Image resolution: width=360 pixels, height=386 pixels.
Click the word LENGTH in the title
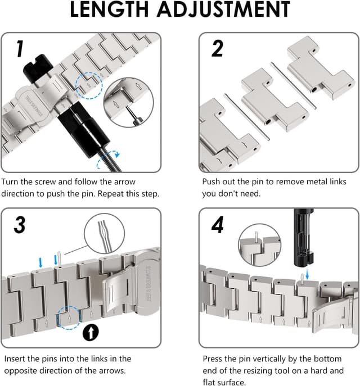109,10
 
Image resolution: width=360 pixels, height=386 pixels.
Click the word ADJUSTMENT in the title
224,10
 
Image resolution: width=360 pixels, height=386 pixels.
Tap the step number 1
20,49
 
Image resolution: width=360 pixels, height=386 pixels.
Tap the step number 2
217,49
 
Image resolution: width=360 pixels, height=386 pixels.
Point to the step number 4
218,225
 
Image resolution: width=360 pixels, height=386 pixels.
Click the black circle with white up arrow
91,332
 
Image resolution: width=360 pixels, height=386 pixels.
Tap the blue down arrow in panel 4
307,274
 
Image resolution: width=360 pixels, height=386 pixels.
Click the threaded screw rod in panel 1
110,161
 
